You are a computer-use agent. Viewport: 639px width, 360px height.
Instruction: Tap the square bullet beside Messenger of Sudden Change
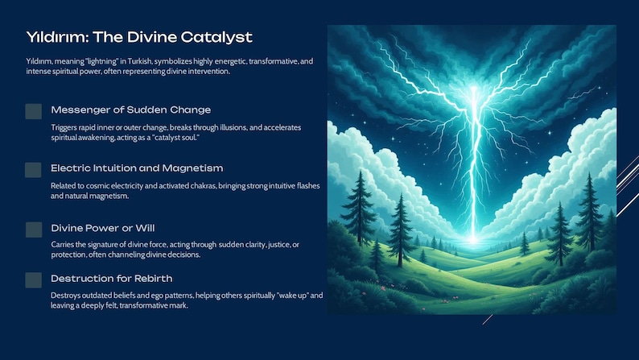tap(34, 111)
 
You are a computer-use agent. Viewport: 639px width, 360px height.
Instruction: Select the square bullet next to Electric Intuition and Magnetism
tap(33, 170)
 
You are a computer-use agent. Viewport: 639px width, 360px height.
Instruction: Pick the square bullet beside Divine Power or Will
tap(34, 230)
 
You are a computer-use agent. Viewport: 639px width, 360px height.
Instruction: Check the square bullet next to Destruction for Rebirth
tap(34, 280)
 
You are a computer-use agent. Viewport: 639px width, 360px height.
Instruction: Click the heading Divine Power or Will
tap(103, 228)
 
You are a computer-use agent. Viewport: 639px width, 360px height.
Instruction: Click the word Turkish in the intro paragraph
tap(140, 61)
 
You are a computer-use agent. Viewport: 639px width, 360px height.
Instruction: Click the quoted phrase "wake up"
tap(293, 296)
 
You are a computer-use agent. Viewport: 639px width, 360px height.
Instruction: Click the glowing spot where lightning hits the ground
tap(472, 240)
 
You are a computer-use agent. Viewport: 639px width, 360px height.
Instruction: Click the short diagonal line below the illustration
tap(488, 320)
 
